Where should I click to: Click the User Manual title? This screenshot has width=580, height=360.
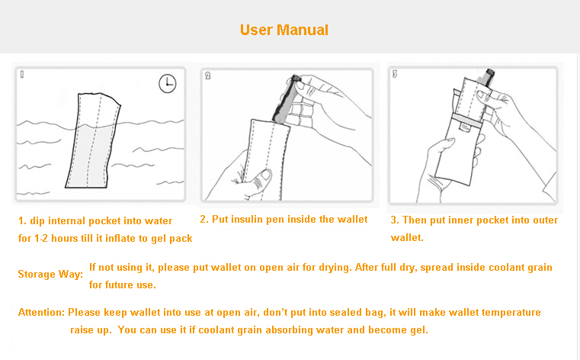(284, 30)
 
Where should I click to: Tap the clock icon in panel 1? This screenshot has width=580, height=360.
(168, 83)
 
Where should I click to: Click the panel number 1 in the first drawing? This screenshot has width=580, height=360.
(22, 75)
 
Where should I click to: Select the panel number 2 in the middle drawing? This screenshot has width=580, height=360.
(207, 76)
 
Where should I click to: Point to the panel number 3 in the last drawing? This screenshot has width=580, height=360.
(395, 74)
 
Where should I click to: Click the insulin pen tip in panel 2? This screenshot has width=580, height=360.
(295, 79)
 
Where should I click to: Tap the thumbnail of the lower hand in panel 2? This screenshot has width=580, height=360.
(264, 174)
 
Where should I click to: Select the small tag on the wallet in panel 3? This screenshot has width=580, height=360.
(465, 127)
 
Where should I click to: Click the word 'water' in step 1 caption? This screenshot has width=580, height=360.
(159, 221)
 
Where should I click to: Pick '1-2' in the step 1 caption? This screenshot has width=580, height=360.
(40, 238)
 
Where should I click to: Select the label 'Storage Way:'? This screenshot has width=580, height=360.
(50, 274)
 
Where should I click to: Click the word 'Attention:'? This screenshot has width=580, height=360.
(41, 312)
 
